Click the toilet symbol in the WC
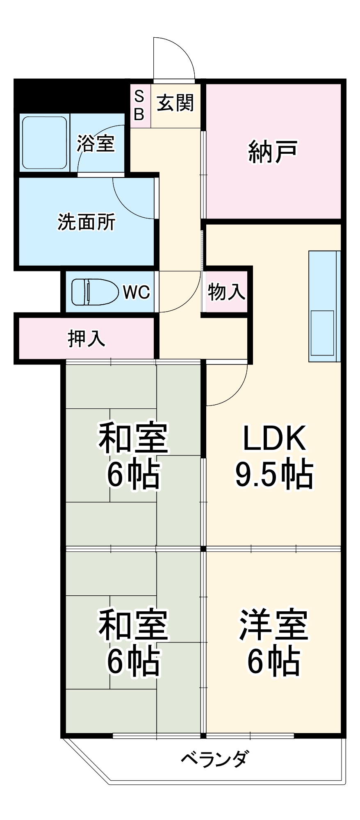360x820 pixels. [x=95, y=292]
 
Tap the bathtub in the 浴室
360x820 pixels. [x=44, y=143]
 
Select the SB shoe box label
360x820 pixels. [x=139, y=106]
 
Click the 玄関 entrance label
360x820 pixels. [x=175, y=102]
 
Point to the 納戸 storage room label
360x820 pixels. [x=273, y=152]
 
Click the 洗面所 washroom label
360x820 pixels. [x=87, y=222]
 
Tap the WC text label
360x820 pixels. [x=137, y=292]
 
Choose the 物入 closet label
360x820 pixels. [x=226, y=292]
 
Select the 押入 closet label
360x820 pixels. [x=87, y=339]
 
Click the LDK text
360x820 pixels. [x=274, y=438]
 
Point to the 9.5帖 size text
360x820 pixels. [x=274, y=474]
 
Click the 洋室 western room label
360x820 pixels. [x=274, y=625]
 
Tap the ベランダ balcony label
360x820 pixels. [x=214, y=758]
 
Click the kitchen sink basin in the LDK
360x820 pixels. [x=322, y=333]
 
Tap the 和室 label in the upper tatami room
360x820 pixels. [x=133, y=437]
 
